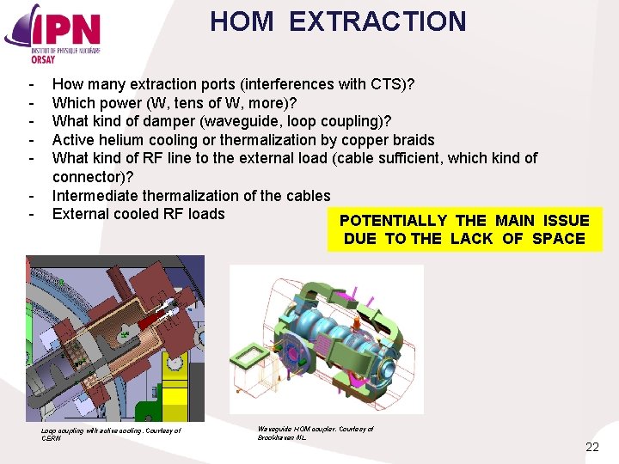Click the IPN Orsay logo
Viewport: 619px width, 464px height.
point(53,32)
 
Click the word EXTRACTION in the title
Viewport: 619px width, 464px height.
point(377,21)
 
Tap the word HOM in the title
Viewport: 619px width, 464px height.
point(243,21)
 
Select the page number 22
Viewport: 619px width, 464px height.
point(591,447)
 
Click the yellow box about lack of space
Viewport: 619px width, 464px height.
point(464,229)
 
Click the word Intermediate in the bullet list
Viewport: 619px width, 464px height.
point(95,196)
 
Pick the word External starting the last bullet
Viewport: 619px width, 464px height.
point(80,214)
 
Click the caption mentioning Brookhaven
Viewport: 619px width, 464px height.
point(316,433)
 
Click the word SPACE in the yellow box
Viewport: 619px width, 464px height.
point(558,239)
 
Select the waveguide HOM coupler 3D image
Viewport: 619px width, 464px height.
point(326,339)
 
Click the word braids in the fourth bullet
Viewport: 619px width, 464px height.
point(410,140)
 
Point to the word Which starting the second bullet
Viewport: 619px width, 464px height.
point(73,103)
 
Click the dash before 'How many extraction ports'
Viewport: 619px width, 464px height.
point(31,84)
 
